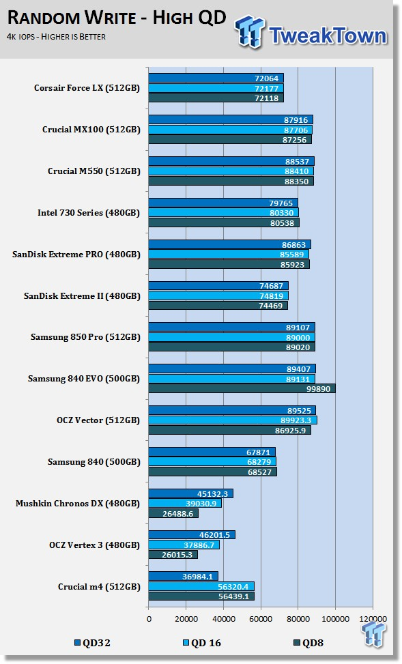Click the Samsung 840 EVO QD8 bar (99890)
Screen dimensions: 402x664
[242, 388]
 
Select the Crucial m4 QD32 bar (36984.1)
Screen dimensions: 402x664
[184, 577]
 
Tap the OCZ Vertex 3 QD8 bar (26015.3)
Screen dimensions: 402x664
[173, 554]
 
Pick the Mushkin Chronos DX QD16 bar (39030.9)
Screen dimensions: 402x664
[185, 504]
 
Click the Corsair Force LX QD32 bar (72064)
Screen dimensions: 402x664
[216, 78]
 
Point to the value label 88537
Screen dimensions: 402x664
[297, 161]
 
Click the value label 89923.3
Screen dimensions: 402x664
[296, 420]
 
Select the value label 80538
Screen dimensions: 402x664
[282, 222]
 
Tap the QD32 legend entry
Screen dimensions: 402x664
[92, 643]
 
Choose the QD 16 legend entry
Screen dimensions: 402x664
[201, 643]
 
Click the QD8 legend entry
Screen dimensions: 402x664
[308, 643]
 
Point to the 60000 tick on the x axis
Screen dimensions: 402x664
[261, 619]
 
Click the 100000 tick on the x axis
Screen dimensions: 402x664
[336, 619]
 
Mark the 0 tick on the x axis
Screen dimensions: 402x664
[149, 619]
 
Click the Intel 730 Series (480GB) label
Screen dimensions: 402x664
[89, 213]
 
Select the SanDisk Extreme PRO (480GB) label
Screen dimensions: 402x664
[76, 255]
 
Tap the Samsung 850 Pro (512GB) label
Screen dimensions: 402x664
[85, 338]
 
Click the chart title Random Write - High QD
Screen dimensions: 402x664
[117, 18]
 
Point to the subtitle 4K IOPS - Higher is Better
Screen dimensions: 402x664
[56, 37]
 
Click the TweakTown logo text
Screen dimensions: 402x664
[328, 35]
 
